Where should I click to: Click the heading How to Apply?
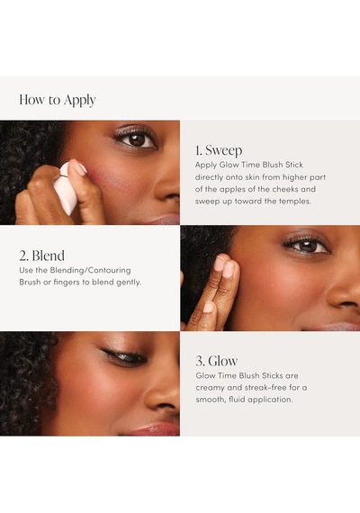tap(58, 100)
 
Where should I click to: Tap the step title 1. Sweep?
tap(219, 150)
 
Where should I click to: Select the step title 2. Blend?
tap(41, 256)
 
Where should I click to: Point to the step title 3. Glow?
tap(216, 361)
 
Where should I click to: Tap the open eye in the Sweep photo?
tap(136, 139)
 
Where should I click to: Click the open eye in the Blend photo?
tap(307, 246)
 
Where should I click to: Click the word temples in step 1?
tap(294, 202)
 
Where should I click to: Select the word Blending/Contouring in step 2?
tap(90, 271)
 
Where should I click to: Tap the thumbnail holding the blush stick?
tap(80, 169)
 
